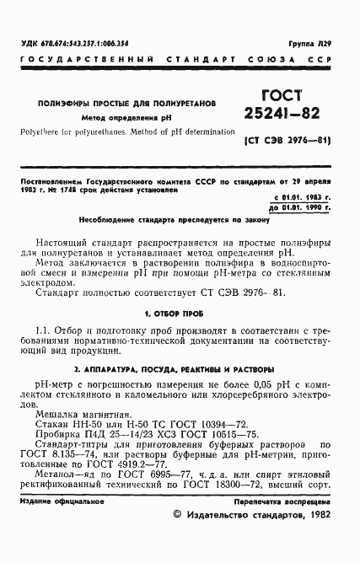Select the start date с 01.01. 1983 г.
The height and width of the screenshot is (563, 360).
point(304,196)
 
